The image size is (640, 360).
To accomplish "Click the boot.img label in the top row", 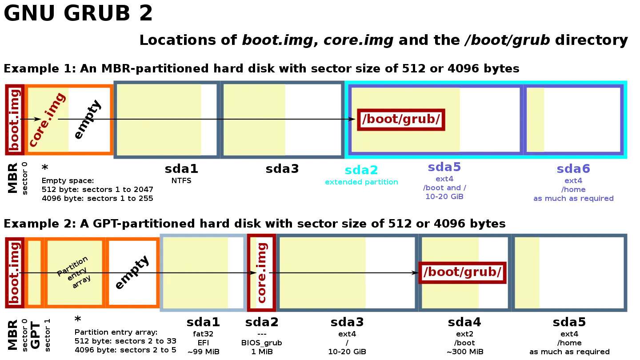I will [14, 119].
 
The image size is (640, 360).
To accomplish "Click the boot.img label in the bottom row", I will [14, 272].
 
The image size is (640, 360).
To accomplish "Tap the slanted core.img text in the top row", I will [47, 119].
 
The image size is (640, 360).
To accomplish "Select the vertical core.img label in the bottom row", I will [262, 272].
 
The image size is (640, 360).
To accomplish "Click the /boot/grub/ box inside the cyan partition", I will [401, 119].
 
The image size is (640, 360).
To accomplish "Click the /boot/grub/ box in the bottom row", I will [462, 272].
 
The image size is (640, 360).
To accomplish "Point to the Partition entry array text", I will [74, 272].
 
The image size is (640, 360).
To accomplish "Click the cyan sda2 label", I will [361, 169].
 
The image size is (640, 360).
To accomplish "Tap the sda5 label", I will [444, 168].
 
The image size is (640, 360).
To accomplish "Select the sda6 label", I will [573, 169].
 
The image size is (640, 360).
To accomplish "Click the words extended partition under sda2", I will [360, 182].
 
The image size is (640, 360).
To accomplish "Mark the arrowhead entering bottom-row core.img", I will [253, 272].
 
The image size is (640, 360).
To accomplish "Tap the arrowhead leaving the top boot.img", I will [37, 119].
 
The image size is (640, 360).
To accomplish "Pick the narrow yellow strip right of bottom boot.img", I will [34, 272].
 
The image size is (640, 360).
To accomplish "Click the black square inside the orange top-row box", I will [89, 119].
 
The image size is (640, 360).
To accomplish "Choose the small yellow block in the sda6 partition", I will [536, 119].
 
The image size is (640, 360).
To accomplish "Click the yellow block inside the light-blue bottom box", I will [196, 272].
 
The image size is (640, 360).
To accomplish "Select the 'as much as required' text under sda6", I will [573, 199].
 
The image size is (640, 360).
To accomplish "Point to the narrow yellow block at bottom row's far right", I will [527, 272].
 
